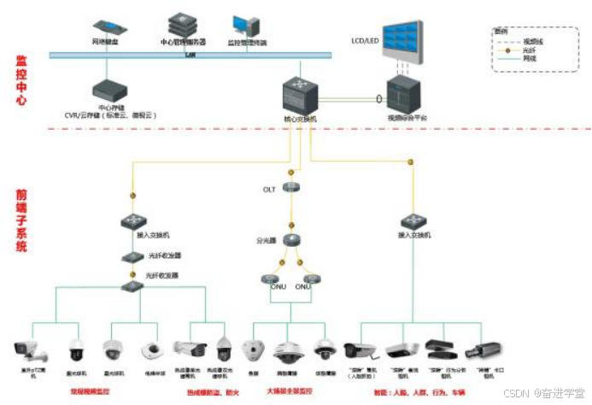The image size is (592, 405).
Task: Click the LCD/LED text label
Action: pos(365,40)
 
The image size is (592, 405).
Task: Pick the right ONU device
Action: pos(311,279)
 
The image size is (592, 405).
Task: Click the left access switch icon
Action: pos(132,220)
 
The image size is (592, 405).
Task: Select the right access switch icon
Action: pos(414,220)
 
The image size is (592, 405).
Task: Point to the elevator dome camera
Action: pos(152,350)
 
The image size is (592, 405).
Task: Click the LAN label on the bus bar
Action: pos(191,54)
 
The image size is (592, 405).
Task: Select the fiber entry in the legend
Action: pos(530,50)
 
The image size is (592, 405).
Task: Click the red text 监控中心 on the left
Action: pos(21,81)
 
